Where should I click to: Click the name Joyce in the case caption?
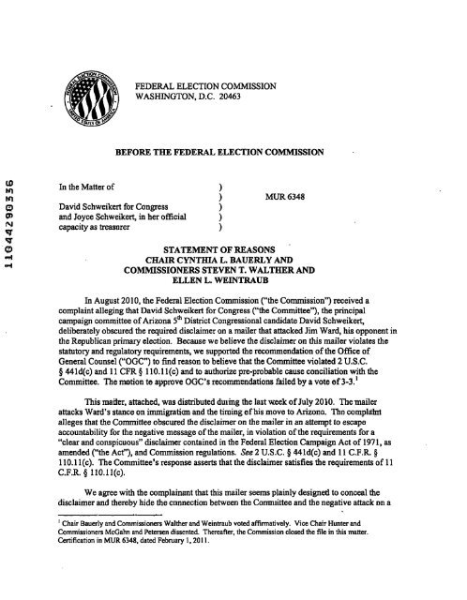point(108,199)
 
